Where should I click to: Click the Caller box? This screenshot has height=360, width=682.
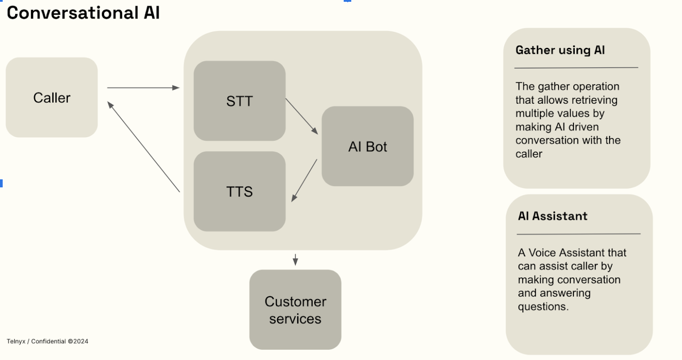point(51,97)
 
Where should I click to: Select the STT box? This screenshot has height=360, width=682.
point(239,101)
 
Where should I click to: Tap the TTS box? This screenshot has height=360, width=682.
point(239,191)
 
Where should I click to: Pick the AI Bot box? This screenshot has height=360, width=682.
point(367,147)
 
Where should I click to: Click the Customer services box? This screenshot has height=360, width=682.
point(295,309)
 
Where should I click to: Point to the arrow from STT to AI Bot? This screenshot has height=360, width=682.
point(302,116)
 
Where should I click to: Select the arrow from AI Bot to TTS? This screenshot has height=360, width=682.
point(304,181)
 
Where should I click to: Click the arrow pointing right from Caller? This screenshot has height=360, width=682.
point(143,88)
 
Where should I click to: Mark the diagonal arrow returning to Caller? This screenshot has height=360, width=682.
point(143,147)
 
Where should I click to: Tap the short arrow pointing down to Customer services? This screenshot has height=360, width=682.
point(295,260)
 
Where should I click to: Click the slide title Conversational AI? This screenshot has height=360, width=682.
point(83,13)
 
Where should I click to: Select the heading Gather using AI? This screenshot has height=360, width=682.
point(560,50)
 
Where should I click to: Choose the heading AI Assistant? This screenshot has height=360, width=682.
point(552,216)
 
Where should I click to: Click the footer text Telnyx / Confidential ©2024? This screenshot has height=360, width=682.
point(47,341)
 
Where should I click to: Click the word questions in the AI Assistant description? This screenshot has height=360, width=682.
point(543,307)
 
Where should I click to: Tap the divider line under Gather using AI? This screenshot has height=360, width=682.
point(576,68)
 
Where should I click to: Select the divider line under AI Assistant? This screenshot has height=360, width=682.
point(578,234)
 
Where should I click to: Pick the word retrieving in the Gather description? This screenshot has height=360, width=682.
point(595,100)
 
